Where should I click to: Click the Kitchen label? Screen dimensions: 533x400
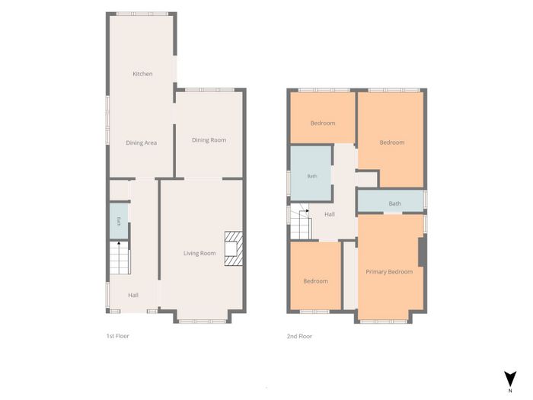(x=142, y=74)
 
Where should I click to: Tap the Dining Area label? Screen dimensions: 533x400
(x=142, y=143)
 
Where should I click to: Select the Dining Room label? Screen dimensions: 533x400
(x=209, y=140)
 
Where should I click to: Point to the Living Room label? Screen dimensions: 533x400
(x=199, y=254)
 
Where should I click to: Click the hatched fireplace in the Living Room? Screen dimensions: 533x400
(x=234, y=248)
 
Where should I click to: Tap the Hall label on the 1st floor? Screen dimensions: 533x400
(x=133, y=296)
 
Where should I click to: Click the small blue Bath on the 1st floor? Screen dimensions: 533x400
(x=119, y=222)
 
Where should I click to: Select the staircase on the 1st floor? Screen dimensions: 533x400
(x=120, y=258)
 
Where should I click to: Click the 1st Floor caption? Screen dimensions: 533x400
(x=117, y=336)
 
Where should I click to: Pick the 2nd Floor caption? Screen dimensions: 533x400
(x=299, y=336)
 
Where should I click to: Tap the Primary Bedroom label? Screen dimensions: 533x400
(x=389, y=272)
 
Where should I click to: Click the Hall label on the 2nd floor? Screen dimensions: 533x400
(x=330, y=214)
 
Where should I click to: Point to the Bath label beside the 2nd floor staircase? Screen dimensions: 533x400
(x=312, y=176)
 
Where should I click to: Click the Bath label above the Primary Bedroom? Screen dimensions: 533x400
(x=394, y=203)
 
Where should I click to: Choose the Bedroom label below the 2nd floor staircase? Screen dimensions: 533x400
(x=316, y=281)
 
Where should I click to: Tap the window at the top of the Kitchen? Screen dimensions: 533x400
(x=142, y=14)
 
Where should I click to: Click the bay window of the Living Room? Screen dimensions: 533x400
(x=203, y=321)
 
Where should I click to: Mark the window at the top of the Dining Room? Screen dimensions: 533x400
(x=209, y=90)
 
